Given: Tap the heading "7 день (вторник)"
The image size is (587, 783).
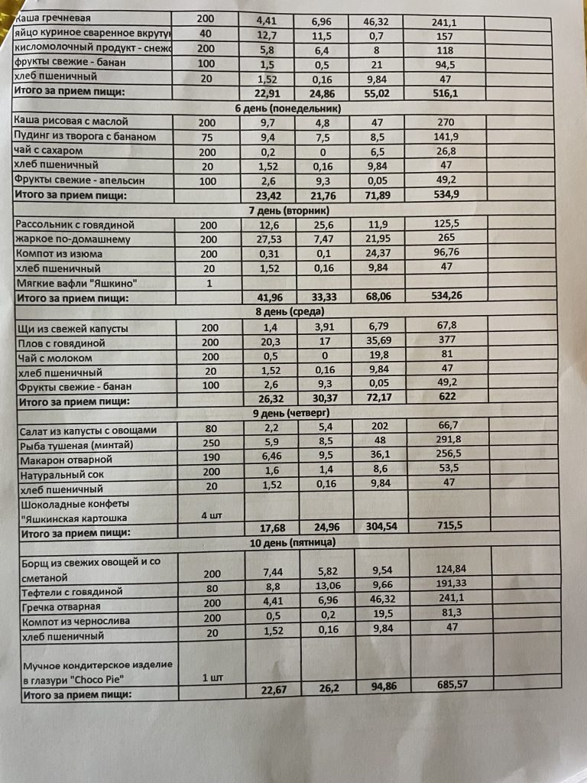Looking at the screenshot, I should pos(288,210).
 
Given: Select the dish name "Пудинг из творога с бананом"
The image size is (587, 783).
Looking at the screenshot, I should pos(86,136).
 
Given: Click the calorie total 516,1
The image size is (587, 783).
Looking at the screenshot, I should pos(444,92).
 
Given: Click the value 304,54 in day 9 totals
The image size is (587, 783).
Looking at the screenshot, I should pos(378,528).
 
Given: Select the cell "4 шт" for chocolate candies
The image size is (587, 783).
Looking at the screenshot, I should pos(211,515).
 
